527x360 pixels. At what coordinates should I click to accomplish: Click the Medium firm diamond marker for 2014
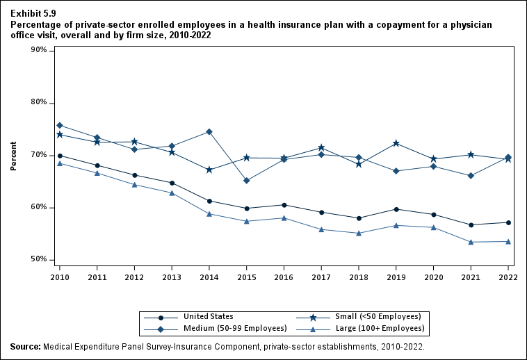[209, 132]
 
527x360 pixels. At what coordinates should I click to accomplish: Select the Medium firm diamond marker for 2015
[247, 181]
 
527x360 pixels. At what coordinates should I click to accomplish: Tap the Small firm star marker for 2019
[396, 143]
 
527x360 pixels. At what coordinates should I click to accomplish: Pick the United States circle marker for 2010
[60, 156]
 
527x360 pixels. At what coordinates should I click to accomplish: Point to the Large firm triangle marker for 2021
[471, 242]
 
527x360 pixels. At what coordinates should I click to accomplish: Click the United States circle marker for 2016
[284, 205]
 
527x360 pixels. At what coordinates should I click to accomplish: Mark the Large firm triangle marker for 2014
[209, 214]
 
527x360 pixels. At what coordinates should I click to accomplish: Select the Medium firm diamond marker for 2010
[60, 125]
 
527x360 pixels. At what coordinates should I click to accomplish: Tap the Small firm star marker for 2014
[209, 170]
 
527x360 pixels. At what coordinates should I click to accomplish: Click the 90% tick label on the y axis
[39, 51]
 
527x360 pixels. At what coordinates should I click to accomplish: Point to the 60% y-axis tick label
[39, 207]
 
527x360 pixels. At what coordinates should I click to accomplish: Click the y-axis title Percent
[13, 156]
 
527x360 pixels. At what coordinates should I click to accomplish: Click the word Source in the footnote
[24, 345]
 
